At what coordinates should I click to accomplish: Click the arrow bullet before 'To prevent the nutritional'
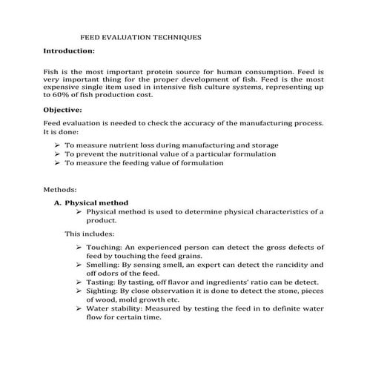click(59, 154)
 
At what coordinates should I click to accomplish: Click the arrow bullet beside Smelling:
click(80, 264)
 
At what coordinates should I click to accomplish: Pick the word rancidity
click(292, 264)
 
